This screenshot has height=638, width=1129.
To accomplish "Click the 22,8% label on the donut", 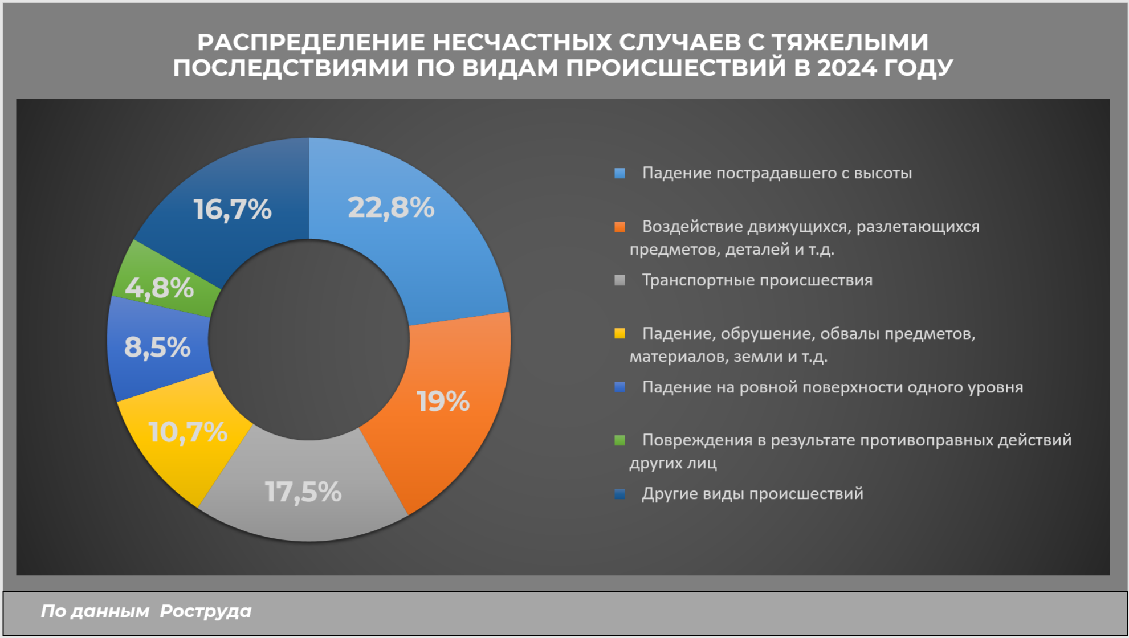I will [391, 207].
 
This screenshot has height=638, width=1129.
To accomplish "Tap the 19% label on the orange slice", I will [443, 402].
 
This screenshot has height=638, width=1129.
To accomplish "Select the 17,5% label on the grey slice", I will [303, 492].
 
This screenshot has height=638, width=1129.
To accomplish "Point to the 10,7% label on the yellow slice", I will [188, 432].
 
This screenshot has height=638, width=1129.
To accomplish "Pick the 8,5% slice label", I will [157, 347].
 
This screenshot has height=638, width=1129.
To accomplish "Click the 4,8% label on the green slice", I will [160, 288].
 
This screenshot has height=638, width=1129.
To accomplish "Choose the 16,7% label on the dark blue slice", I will [233, 209].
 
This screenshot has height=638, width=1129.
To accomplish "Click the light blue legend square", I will [620, 173].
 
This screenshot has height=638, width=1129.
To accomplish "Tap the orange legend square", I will [620, 227].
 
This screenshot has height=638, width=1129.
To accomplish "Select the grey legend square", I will [620, 280].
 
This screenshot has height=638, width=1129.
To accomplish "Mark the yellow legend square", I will [620, 333].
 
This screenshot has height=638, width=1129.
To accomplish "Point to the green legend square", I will [620, 440].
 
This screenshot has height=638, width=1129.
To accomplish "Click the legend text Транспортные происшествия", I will [757, 280].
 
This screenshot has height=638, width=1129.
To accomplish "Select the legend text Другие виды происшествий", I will [752, 494].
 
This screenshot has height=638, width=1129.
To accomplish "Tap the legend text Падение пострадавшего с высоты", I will [777, 173].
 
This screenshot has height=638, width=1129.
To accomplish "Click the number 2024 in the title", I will [847, 68].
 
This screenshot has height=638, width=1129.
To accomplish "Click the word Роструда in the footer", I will [205, 611].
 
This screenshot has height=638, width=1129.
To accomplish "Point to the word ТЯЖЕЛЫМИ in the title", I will [850, 42].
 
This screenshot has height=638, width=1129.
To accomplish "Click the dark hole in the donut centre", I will [309, 340].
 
